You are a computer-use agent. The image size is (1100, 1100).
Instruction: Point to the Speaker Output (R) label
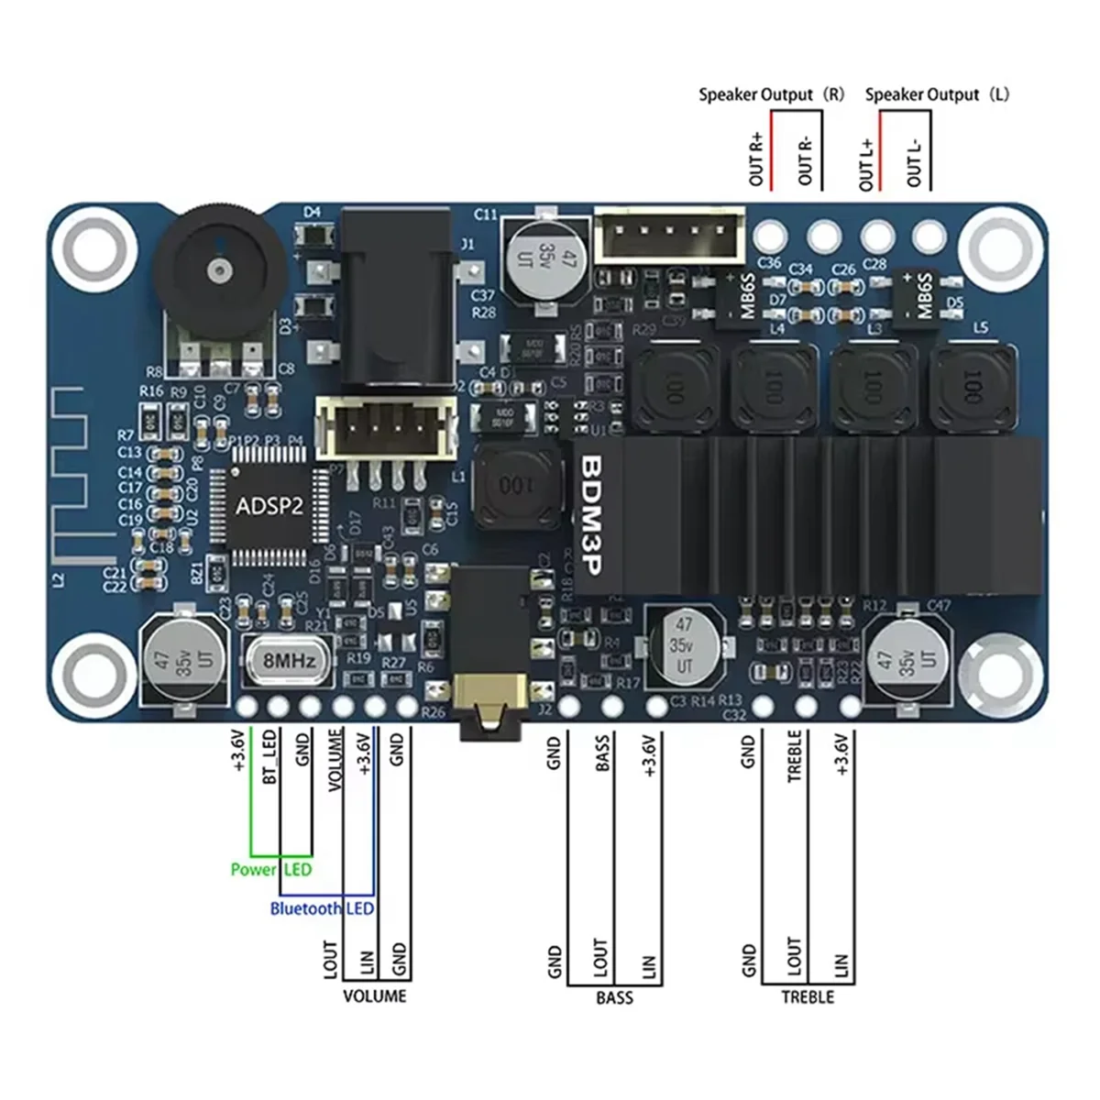tap(771, 94)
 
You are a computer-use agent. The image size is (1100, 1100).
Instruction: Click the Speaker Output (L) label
tap(936, 94)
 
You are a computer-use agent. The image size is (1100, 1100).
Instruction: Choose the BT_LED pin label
tap(270, 757)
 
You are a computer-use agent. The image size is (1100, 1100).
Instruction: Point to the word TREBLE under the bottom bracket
tap(808, 996)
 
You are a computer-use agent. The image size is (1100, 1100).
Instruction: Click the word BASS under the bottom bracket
tap(614, 996)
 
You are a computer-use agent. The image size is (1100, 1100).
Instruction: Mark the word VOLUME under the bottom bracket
tap(374, 995)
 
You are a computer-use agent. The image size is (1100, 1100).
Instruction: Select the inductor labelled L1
tap(516, 485)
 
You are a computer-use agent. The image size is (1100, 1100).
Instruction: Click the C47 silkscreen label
tap(940, 605)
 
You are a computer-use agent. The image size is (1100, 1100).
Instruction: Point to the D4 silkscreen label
tap(313, 212)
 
